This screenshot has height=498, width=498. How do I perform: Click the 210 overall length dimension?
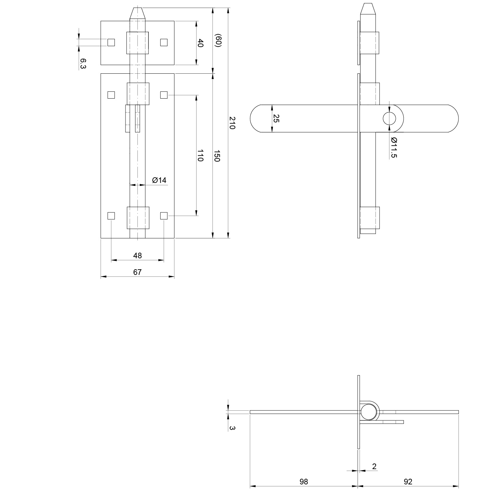tap(232, 123)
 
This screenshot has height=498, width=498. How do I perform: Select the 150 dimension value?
tap(217, 156)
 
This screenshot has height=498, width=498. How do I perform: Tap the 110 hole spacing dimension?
tap(200, 155)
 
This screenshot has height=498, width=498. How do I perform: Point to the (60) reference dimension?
tap(218, 41)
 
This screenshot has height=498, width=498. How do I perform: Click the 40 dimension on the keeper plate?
tap(200, 43)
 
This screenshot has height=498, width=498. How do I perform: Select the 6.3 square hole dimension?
tap(83, 63)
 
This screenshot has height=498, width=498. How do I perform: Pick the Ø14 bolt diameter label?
tap(159, 180)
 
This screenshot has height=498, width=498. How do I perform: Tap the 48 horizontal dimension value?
tap(137, 255)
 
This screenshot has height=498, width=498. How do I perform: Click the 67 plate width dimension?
tap(137, 272)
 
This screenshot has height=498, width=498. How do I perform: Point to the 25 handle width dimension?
tap(276, 119)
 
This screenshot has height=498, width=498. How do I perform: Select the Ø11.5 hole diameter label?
tap(394, 147)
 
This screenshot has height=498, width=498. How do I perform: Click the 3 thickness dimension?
tap(232, 428)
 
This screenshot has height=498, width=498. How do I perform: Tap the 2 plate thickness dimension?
tap(374, 466)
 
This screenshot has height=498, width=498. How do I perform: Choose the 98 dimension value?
tap(304, 481)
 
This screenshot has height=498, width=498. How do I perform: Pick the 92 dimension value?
tap(408, 481)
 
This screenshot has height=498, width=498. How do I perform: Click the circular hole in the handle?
tap(389, 119)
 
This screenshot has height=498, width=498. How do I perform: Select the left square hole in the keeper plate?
tap(111, 42)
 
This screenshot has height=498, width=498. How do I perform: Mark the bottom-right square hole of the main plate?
tap(164, 216)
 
